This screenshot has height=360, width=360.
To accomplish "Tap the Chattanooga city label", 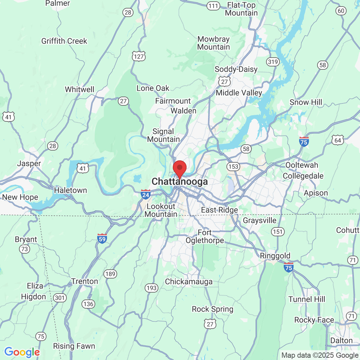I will tap(180, 182).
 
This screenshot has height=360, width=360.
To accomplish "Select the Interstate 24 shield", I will tap(146, 194).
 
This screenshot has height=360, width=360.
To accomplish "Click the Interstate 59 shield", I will tap(102, 239).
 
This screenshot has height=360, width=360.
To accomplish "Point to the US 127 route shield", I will tap(139, 56).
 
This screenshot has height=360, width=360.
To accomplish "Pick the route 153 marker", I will tap(233, 167).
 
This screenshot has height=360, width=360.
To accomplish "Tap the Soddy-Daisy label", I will tap(236, 69).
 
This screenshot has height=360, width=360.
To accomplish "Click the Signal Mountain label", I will tap(163, 135).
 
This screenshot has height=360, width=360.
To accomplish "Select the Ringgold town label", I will tap(275, 256).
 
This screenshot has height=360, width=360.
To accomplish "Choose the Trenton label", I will tap(85, 281).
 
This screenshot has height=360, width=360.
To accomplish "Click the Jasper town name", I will tap(29, 163).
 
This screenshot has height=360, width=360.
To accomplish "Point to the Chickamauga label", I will tap(189, 282).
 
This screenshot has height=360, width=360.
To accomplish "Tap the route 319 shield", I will tap(273, 62).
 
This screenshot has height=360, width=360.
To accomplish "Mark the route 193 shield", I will tap(151, 288).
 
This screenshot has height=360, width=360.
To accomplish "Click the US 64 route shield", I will tap(338, 140).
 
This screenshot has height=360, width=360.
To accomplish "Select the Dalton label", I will tap(341, 341).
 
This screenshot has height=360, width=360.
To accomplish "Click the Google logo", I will tap(22, 352).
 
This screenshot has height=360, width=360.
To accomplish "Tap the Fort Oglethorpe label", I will tap(205, 237).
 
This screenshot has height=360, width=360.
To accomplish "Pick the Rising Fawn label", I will tap(74, 346).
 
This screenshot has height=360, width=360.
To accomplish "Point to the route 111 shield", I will tap(213, 6).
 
